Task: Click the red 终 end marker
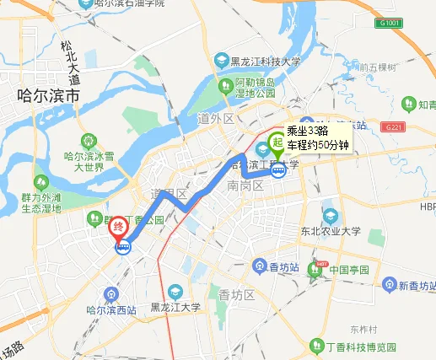[x=120, y=225]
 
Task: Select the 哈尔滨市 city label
[x=48, y=97]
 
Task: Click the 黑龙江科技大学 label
[x=266, y=60]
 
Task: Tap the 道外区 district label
[x=215, y=119]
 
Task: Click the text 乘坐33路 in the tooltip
[x=307, y=131]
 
